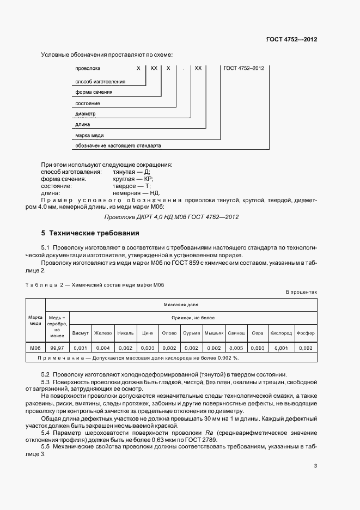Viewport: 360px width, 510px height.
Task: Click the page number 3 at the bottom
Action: click(315, 466)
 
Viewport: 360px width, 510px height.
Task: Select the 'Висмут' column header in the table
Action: click(80, 333)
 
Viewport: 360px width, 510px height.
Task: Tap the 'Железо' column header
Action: click(102, 333)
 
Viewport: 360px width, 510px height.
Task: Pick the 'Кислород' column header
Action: click(281, 333)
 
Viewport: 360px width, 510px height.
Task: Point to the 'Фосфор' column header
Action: click(306, 333)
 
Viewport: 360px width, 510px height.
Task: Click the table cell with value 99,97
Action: click(57, 348)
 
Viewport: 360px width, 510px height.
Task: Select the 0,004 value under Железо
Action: click(102, 348)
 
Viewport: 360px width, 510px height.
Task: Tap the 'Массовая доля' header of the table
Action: click(180, 305)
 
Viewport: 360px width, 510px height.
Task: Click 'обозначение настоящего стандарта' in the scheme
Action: click(118, 145)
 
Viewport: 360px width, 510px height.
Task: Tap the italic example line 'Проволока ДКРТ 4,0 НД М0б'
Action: click(171, 217)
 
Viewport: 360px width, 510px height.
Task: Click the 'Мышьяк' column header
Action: click(214, 333)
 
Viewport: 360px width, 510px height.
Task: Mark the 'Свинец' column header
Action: click(236, 333)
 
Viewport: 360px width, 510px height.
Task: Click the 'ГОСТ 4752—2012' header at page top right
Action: click(291, 40)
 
